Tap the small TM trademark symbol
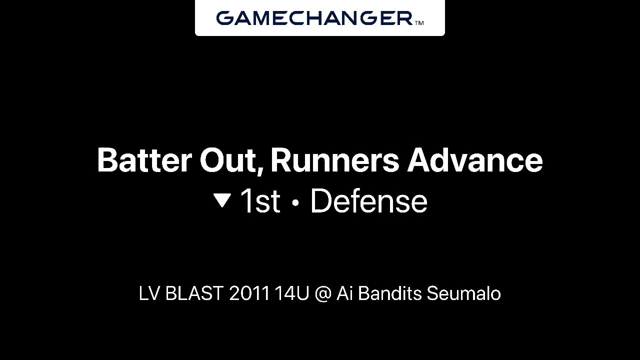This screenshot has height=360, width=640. [x=419, y=23]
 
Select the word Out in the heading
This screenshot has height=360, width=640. [x=228, y=160]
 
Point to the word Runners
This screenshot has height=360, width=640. [x=334, y=160]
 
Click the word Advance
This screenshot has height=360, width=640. [x=475, y=160]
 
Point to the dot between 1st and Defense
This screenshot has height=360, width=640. [x=295, y=202]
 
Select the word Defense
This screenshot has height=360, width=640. [x=369, y=201]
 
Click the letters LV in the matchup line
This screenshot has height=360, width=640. [x=149, y=293]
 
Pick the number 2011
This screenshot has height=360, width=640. [x=249, y=293]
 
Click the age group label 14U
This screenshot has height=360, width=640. [x=292, y=293]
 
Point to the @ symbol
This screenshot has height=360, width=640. [x=323, y=294]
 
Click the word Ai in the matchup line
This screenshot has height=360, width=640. [x=343, y=293]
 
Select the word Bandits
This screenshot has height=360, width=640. [x=389, y=293]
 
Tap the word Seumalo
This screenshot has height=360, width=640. [x=463, y=293]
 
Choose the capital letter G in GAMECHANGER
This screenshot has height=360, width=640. [x=225, y=18]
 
